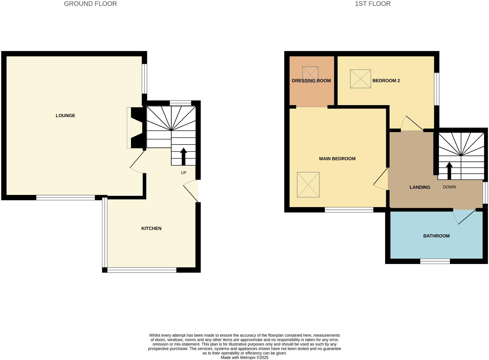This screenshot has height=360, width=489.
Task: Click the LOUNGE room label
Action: (x=65, y=115)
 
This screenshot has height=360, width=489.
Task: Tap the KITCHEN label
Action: (x=151, y=228)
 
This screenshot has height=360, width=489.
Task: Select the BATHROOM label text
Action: (x=436, y=236)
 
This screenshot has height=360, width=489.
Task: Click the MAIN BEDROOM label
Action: (x=337, y=159)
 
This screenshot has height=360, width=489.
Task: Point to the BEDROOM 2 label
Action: (x=386, y=81)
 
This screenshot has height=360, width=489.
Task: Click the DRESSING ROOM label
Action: (x=311, y=81)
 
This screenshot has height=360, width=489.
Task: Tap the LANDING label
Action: (x=420, y=187)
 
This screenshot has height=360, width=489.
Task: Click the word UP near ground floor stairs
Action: (x=183, y=173)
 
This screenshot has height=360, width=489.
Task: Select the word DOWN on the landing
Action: (x=449, y=187)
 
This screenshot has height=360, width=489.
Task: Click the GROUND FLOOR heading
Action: (x=90, y=4)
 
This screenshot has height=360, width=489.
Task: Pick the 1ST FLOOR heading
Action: (x=372, y=4)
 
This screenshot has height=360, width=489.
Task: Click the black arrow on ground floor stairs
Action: (x=183, y=156)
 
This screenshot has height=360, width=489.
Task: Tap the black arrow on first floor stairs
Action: (x=449, y=171)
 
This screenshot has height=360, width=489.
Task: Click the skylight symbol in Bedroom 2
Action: (x=360, y=79)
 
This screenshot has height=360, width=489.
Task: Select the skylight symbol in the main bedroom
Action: (x=308, y=185)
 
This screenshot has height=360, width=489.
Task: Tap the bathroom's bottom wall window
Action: (x=435, y=261)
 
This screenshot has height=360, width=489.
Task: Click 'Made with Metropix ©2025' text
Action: (x=244, y=357)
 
